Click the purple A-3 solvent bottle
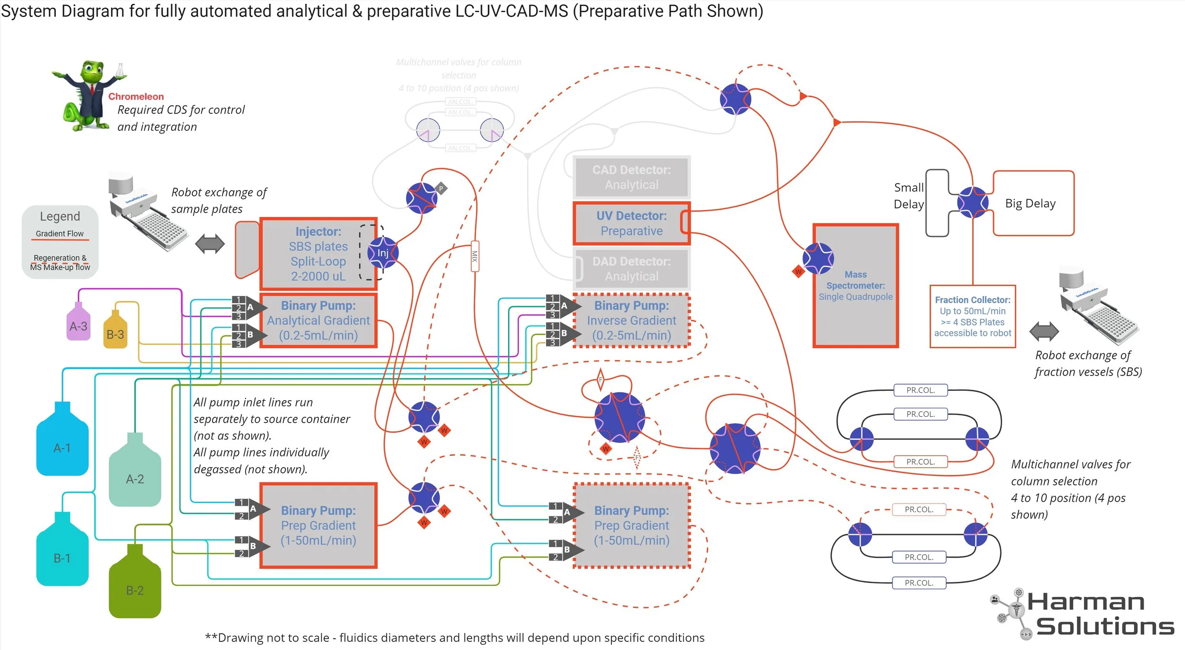[x=78, y=325]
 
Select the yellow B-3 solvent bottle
[x=115, y=333]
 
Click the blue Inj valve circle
[x=383, y=253]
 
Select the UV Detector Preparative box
[x=631, y=223]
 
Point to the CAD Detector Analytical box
[x=631, y=177]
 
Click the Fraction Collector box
[x=972, y=316]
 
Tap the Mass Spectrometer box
[x=855, y=286]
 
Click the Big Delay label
[x=1030, y=203]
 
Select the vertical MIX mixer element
[x=474, y=256]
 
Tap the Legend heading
[x=60, y=216]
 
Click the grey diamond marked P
[x=441, y=189]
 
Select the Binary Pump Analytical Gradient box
[x=318, y=320]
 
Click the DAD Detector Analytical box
[x=631, y=269]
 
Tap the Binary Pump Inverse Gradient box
[x=631, y=320]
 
